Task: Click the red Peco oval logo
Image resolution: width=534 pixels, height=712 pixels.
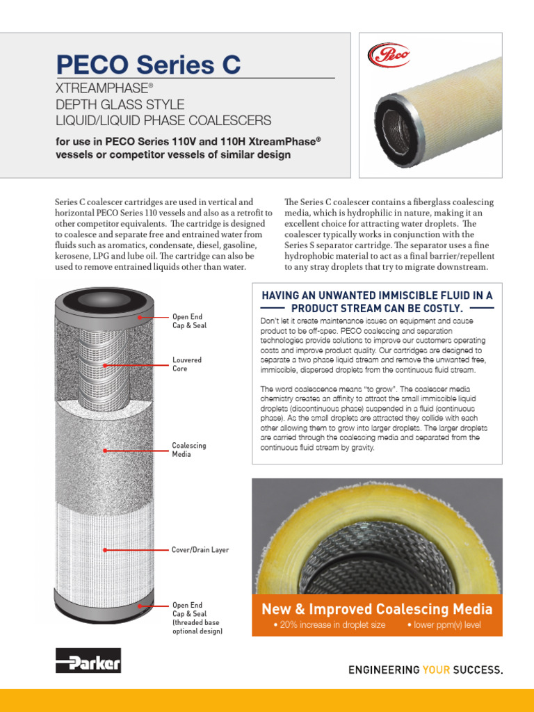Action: pyautogui.click(x=389, y=55)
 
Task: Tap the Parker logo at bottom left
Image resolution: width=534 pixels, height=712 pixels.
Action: pyautogui.click(x=88, y=661)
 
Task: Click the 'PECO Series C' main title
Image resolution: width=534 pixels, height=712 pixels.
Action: pyautogui.click(x=148, y=65)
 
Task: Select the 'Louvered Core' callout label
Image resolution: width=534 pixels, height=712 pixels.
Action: pyautogui.click(x=187, y=364)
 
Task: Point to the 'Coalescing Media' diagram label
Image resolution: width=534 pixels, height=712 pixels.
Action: pyautogui.click(x=188, y=449)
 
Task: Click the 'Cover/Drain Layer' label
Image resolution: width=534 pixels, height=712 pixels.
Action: pyautogui.click(x=200, y=550)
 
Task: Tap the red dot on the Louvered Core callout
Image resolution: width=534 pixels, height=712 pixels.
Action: pyautogui.click(x=105, y=364)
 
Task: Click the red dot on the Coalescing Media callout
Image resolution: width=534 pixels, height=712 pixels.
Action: pyautogui.click(x=105, y=450)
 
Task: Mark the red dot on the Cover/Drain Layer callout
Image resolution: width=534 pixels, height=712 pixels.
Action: pyautogui.click(x=105, y=550)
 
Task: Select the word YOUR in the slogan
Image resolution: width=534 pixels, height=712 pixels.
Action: pyautogui.click(x=436, y=670)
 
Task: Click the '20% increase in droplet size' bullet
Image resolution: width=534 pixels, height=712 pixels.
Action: pyautogui.click(x=330, y=625)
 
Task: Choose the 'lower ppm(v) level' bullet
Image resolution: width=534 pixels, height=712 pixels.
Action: pyautogui.click(x=443, y=625)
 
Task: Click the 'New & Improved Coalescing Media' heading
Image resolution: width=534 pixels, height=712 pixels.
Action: pyautogui.click(x=377, y=609)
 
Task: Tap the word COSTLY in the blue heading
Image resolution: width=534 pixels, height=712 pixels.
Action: pyautogui.click(x=438, y=308)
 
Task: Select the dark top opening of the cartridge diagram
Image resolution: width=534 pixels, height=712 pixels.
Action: pyautogui.click(x=105, y=299)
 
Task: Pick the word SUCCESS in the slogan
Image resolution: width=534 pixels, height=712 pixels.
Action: pyautogui.click(x=477, y=670)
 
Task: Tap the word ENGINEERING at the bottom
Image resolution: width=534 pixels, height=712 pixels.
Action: pyautogui.click(x=383, y=670)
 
